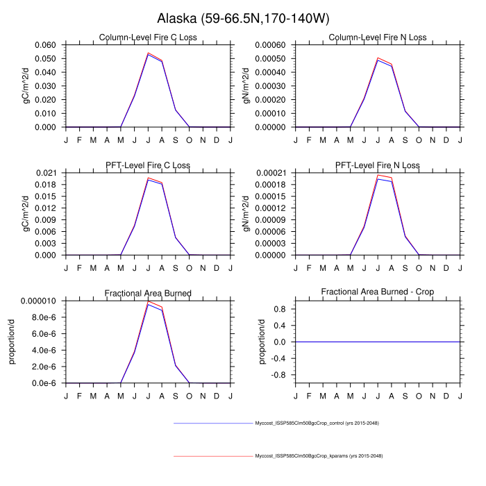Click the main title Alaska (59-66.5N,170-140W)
click(243, 17)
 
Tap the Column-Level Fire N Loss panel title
click(378, 37)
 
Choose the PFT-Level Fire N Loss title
click(378, 165)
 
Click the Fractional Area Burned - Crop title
click(378, 293)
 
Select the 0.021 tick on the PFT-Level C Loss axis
click(49, 172)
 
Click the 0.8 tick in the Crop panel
click(281, 309)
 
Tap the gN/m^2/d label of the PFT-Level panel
click(246, 213)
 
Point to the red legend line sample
click(211, 455)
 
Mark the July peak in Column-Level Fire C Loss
click(148, 53)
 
